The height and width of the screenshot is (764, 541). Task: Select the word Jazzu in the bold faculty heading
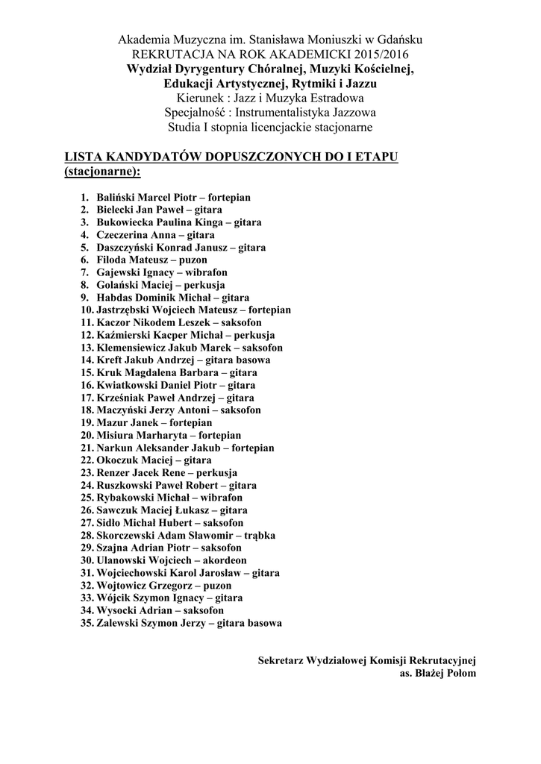354,83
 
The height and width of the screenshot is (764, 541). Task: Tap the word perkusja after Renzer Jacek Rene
217,472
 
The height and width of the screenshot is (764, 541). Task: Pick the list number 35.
86,622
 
